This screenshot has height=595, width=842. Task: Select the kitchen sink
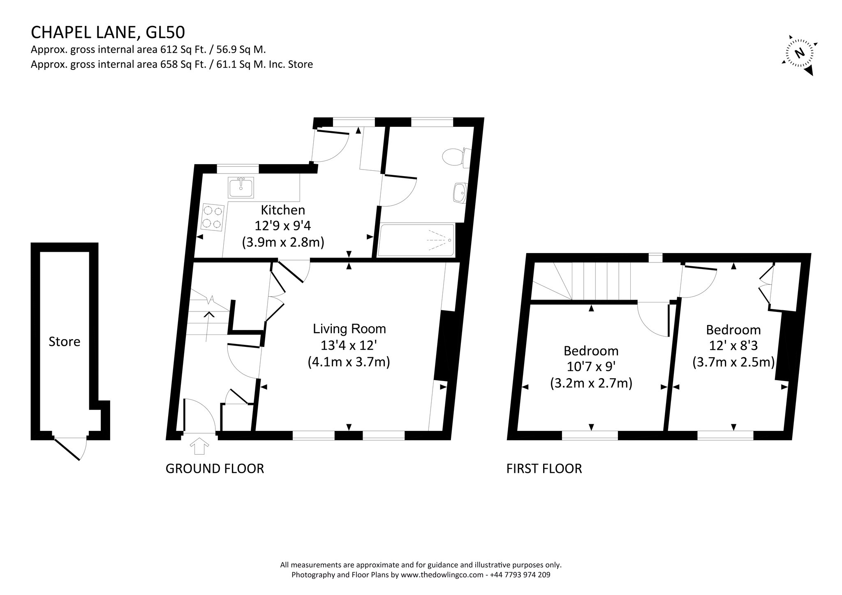(x=241, y=187)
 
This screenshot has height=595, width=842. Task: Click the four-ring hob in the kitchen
(x=213, y=217)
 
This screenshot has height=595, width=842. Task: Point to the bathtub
(x=416, y=240)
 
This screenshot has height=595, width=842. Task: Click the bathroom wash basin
(x=460, y=193)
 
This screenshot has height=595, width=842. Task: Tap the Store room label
(x=65, y=342)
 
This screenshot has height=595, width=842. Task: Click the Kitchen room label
(x=283, y=210)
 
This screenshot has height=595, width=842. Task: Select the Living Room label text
(x=349, y=329)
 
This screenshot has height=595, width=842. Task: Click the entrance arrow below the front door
(x=200, y=446)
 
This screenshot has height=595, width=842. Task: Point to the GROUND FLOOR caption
(x=215, y=468)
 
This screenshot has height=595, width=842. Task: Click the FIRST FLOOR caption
(x=544, y=468)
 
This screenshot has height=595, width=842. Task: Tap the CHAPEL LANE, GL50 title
(x=108, y=32)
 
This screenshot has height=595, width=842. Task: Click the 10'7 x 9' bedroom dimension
(x=591, y=367)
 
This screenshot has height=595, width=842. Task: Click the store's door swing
(x=71, y=448)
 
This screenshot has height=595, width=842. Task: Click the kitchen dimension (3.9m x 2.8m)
(x=283, y=242)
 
